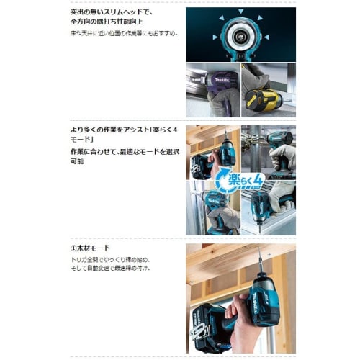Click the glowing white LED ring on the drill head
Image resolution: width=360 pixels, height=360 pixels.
tap(240, 35)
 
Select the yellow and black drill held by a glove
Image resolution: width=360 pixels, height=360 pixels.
tap(262, 97)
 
